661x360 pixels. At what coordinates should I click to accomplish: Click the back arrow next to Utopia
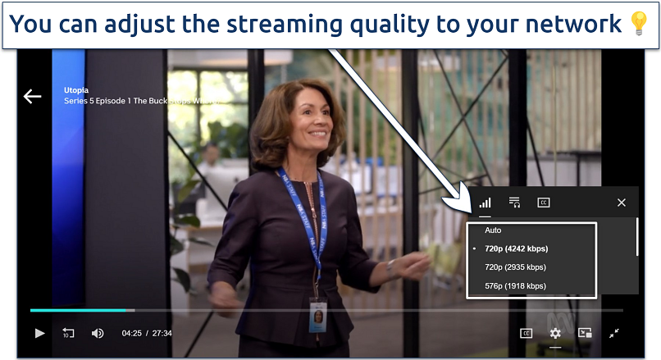pyautogui.click(x=32, y=97)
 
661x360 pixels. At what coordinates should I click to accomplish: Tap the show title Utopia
pyautogui.click(x=76, y=90)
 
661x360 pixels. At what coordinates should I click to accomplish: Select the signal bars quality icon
pyautogui.click(x=485, y=203)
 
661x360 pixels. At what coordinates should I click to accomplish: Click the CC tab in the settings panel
pyautogui.click(x=543, y=203)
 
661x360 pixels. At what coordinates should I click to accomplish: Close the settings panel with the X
pyautogui.click(x=621, y=203)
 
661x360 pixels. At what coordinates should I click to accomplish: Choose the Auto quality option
pyautogui.click(x=493, y=230)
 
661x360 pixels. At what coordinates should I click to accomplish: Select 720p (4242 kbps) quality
pyautogui.click(x=516, y=248)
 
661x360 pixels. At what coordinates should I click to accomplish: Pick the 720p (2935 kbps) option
pyautogui.click(x=516, y=267)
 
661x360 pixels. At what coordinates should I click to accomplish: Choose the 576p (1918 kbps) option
pyautogui.click(x=516, y=285)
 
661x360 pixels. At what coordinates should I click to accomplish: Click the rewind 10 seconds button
pyautogui.click(x=68, y=333)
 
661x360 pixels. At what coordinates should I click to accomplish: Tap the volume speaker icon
pyautogui.click(x=98, y=333)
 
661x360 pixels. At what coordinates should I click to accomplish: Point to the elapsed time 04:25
pyautogui.click(x=132, y=334)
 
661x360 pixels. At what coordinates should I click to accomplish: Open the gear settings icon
pyautogui.click(x=555, y=333)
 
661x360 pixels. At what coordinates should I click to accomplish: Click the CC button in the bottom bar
pyautogui.click(x=526, y=333)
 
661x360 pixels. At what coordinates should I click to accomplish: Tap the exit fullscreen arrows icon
pyautogui.click(x=613, y=333)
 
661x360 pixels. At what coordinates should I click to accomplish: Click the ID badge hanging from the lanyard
pyautogui.click(x=317, y=316)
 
